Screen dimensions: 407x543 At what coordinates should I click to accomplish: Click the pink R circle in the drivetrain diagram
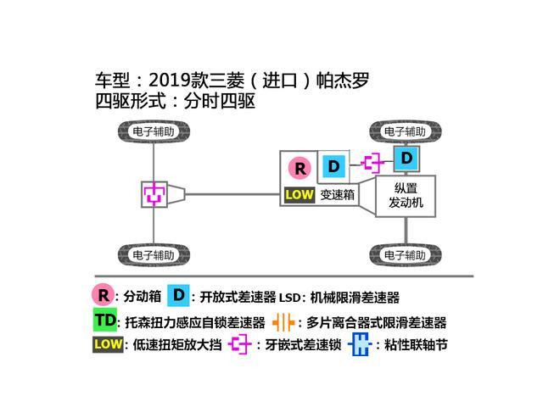(299, 167)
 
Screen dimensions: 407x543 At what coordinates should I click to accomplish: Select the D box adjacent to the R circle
(333, 165)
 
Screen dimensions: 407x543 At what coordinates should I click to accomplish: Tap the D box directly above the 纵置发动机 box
(406, 159)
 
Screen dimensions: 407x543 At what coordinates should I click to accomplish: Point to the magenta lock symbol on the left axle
(154, 193)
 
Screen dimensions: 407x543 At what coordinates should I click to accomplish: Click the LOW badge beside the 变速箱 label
(299, 194)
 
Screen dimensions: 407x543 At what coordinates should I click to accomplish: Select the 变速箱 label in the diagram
(337, 194)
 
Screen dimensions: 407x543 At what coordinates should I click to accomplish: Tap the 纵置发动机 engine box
(406, 196)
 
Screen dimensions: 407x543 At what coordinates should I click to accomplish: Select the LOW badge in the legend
(108, 345)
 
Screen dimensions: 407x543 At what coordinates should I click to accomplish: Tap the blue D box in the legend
(178, 296)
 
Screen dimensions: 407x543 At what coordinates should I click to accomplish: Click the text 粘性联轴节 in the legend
(413, 346)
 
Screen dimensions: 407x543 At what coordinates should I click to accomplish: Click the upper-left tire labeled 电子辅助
(154, 132)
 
